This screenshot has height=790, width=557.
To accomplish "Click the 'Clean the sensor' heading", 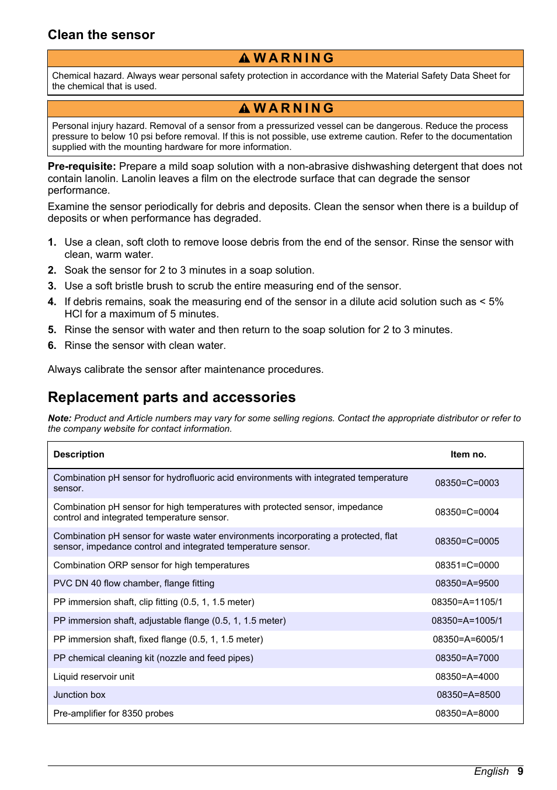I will tap(101, 35).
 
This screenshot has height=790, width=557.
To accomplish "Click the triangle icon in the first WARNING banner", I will tap(244, 58).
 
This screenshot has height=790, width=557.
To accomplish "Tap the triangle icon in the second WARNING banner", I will tap(244, 109).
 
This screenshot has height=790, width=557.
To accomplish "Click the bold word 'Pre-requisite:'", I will tap(82, 166).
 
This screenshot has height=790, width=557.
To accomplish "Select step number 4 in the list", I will tap(52, 302).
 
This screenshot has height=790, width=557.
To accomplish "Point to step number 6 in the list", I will tap(52, 345).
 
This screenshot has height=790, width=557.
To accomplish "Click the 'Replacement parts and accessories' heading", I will tap(172, 397).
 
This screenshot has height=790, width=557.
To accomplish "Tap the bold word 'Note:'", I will tap(60, 418).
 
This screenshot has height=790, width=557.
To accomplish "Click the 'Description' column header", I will tap(79, 455).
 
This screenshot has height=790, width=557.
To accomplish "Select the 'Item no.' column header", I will tap(468, 455).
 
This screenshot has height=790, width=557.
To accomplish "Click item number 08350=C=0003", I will tap(467, 483).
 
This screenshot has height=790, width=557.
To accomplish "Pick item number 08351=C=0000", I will tap(467, 565).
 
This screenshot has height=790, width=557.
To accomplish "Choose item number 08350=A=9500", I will tap(467, 583).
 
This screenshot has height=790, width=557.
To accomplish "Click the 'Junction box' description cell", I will tap(79, 695).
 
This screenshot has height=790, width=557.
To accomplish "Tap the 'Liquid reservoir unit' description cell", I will tap(94, 677).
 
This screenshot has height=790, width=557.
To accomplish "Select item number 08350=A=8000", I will tap(467, 714).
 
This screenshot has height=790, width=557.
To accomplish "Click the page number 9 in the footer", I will tap(520, 771).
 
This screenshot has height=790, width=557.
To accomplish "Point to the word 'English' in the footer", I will tap(491, 771).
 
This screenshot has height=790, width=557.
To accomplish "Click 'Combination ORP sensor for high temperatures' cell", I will tap(151, 565).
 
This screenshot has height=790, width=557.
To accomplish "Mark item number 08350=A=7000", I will tap(467, 658).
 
